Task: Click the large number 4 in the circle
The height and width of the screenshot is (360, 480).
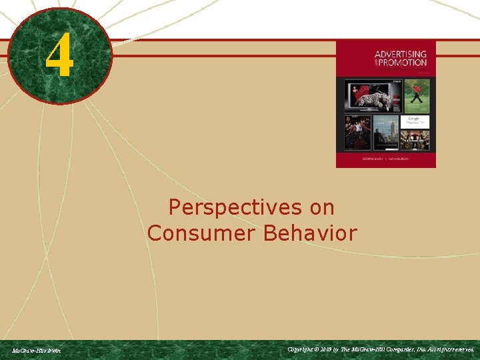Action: [59, 57]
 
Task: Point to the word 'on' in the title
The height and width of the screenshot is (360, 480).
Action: [322, 208]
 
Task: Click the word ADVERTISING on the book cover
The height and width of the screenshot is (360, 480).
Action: [400, 54]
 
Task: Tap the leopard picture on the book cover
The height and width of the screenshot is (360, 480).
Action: [372, 97]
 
